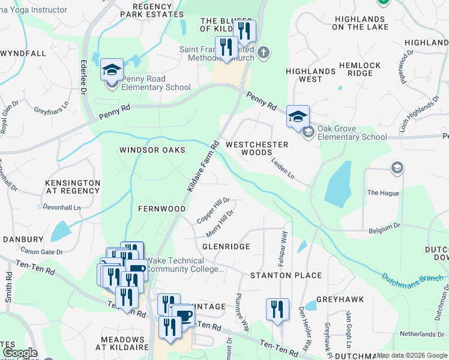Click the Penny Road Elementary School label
tap(148, 83)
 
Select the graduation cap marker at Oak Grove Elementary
tap(297, 117)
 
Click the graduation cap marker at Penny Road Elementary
tap(112, 70)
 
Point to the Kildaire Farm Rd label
tap(202, 167)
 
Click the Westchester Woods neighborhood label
tap(257, 149)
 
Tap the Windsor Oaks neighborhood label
tap(152, 150)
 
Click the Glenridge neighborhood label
tap(226, 247)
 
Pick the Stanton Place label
tap(286, 276)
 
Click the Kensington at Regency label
tap(73, 187)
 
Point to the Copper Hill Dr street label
tap(214, 210)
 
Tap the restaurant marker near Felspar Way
tap(277, 310)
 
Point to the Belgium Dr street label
tap(385, 227)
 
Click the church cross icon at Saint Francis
tap(263, 53)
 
